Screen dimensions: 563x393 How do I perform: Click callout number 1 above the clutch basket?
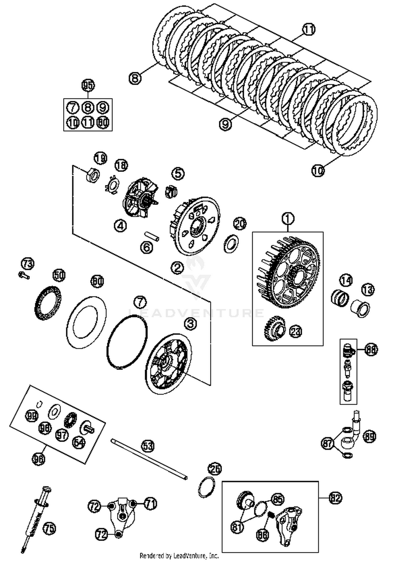click(288, 219)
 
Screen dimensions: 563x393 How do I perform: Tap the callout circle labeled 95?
click(88, 85)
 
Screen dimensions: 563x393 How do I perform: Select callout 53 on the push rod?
click(148, 446)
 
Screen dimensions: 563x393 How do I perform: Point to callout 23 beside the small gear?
click(296, 332)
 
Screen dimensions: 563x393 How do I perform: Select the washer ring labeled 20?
click(231, 243)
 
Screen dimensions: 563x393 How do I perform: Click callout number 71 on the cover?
click(150, 504)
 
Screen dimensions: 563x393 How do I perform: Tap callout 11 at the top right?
click(309, 29)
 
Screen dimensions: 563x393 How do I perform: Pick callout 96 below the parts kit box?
click(39, 459)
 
